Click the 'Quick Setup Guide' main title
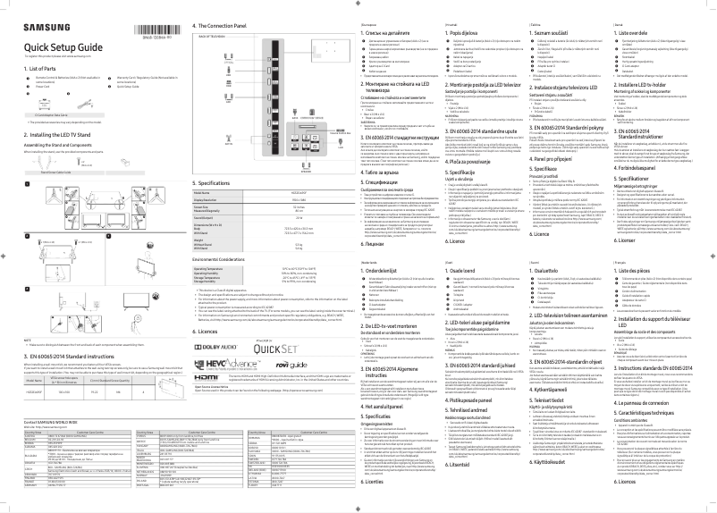[63, 47]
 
